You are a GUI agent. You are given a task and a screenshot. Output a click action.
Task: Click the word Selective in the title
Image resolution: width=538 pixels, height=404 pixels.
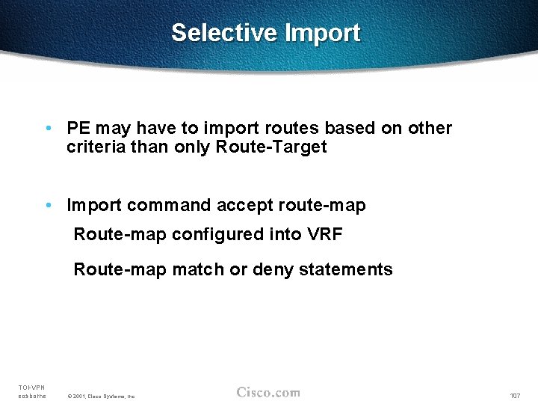[224, 33]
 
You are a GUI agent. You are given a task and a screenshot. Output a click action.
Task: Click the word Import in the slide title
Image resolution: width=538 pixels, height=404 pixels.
[322, 33]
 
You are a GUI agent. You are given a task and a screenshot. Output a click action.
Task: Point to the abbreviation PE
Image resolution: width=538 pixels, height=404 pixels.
[77, 129]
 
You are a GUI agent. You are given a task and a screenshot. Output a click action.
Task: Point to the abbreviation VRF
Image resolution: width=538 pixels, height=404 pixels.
[325, 235]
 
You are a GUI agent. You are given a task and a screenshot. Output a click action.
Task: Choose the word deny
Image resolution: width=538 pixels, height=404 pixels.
[272, 269]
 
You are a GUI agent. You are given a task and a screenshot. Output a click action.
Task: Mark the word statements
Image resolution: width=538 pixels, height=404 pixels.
[346, 269]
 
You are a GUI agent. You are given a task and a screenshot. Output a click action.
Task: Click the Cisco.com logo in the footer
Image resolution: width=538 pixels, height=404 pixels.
[268, 392]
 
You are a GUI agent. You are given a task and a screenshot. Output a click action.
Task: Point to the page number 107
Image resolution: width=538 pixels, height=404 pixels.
[515, 395]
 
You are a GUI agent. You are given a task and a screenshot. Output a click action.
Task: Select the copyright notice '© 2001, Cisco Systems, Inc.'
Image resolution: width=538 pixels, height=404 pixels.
[101, 396]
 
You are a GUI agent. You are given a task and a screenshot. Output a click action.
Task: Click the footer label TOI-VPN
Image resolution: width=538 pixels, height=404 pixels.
[31, 387]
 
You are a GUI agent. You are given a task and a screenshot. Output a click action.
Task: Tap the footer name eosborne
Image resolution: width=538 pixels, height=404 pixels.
[32, 396]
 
